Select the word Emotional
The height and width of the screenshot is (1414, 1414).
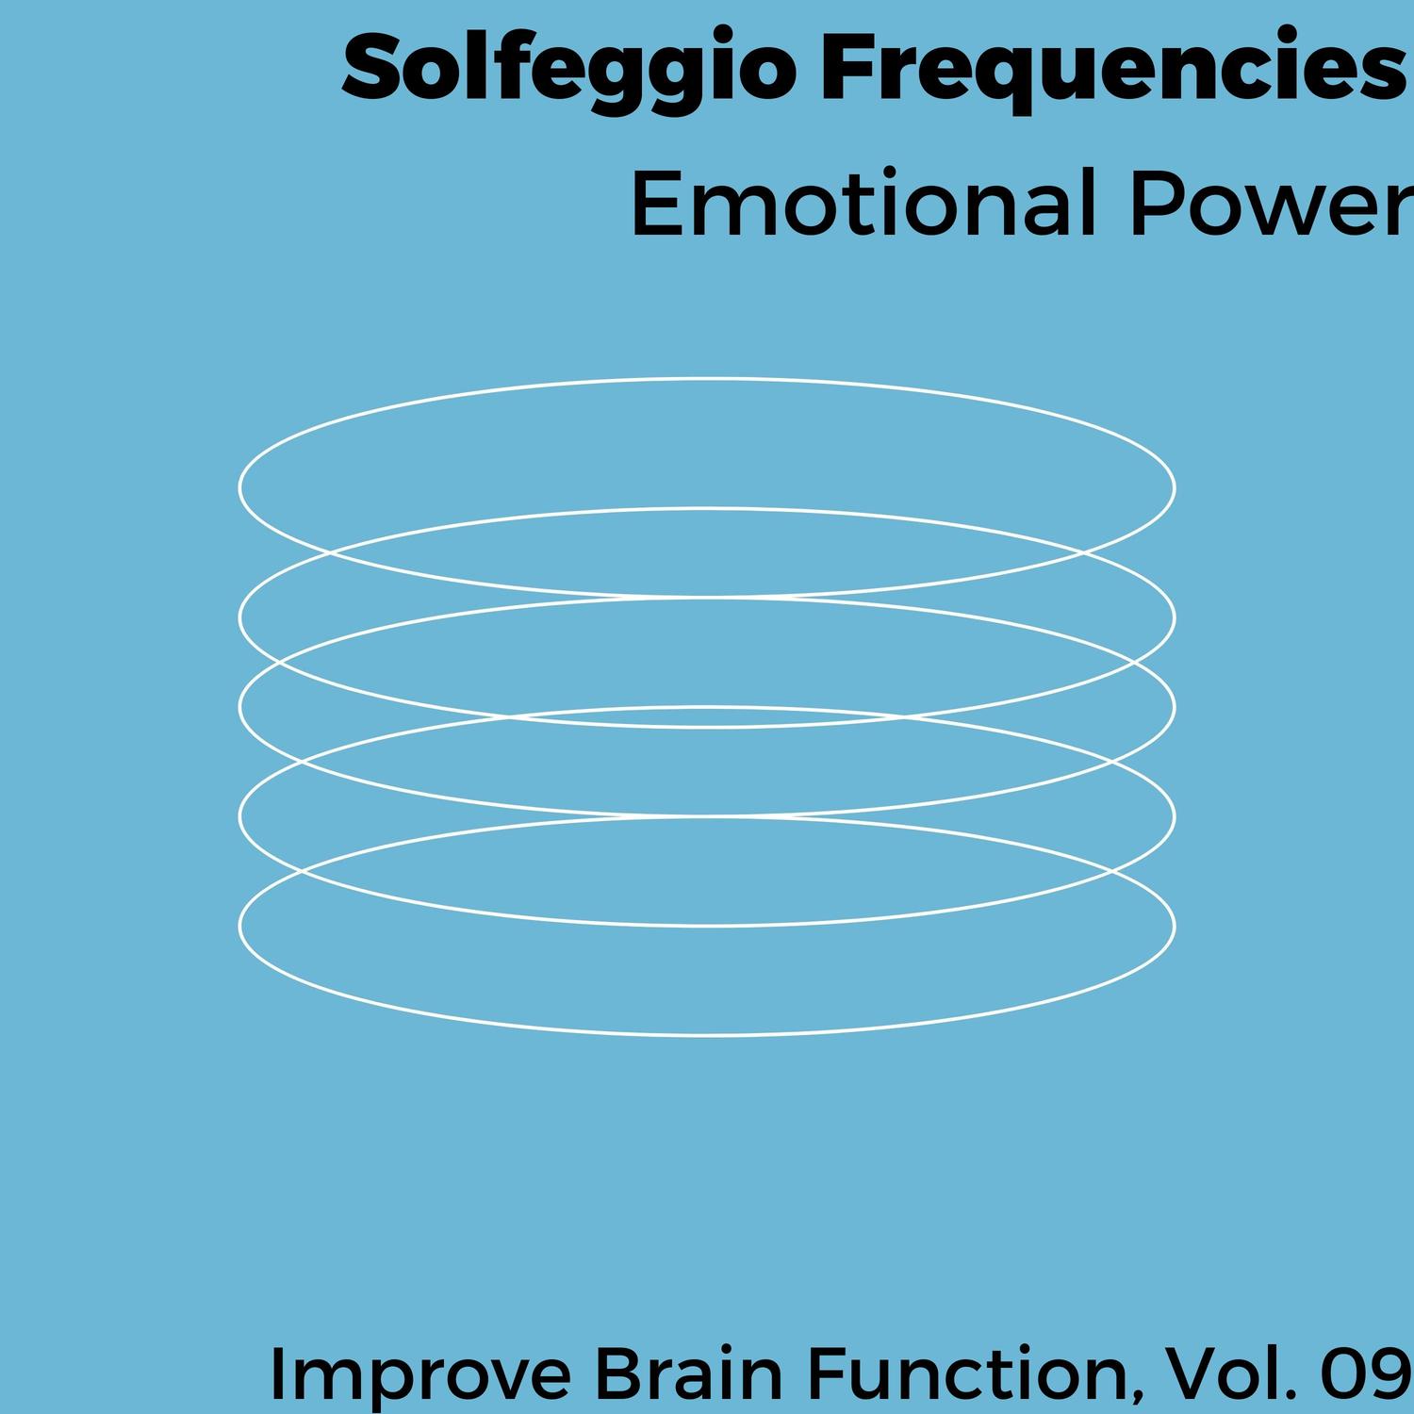(863, 205)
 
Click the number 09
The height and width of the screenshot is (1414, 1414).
(1369, 1373)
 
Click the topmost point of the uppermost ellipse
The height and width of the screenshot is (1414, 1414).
(707, 379)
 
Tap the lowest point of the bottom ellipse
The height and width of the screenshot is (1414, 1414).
(707, 1035)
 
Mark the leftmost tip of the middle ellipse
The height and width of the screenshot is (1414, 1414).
(238, 707)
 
